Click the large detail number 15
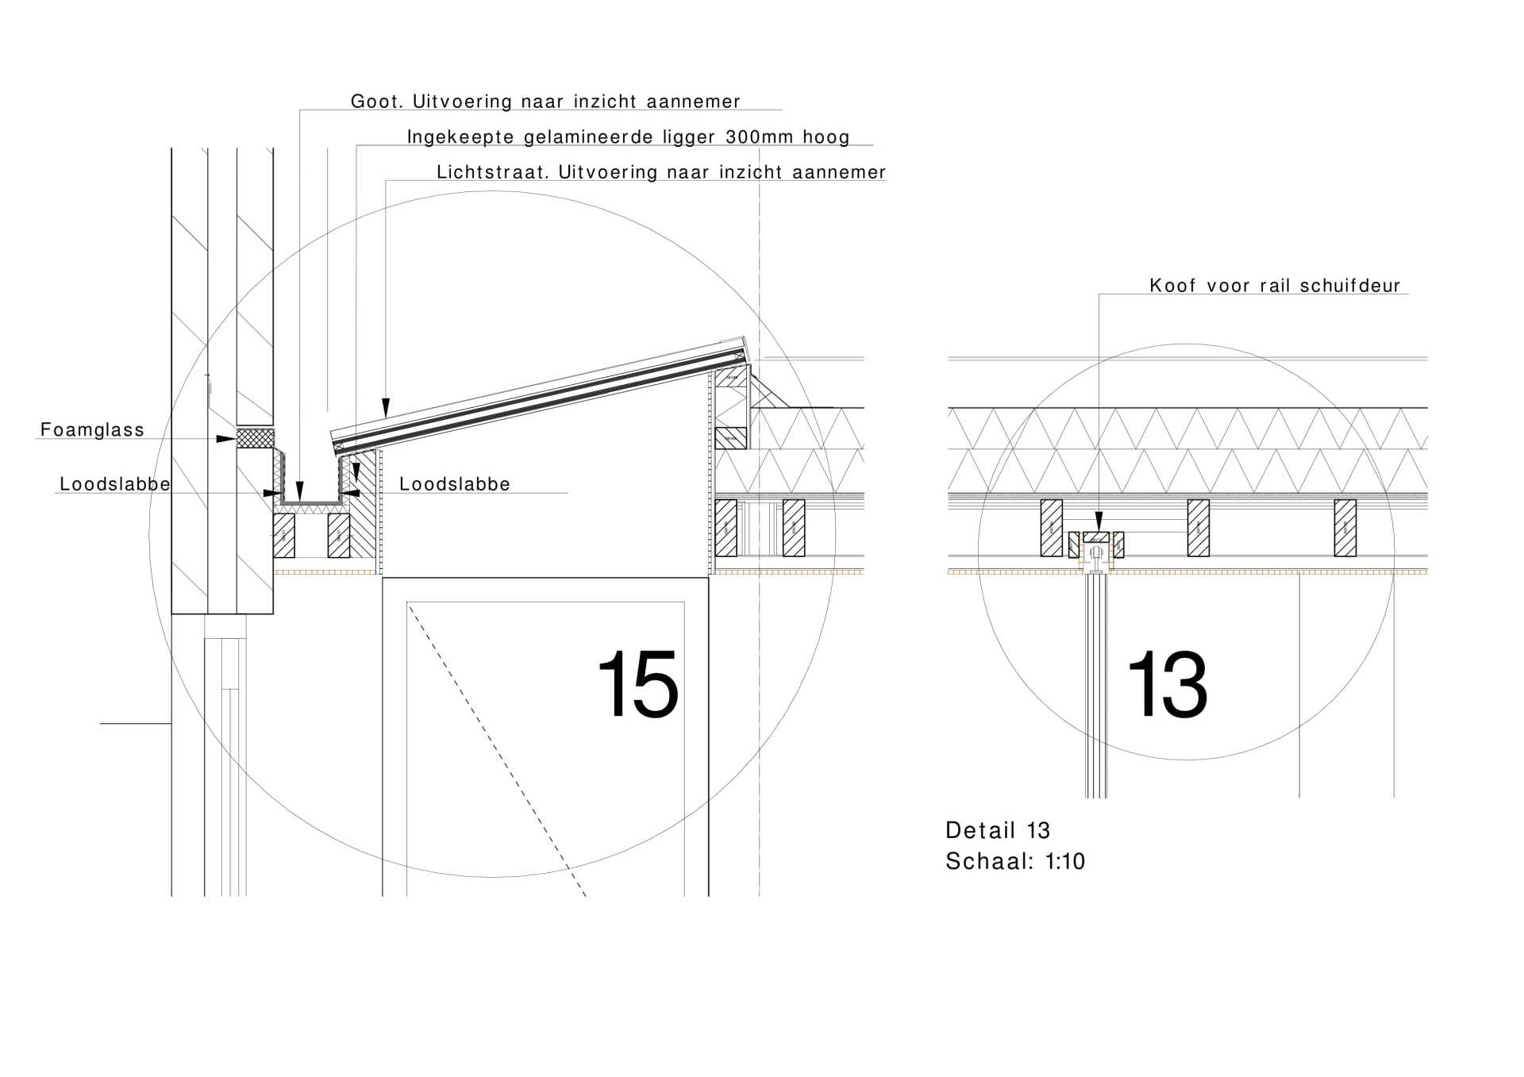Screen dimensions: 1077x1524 (637, 684)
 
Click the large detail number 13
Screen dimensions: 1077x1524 (1167, 684)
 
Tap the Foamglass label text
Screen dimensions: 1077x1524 (92, 430)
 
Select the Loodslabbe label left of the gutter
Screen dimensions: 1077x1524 (115, 484)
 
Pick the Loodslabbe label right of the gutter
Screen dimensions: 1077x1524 (454, 484)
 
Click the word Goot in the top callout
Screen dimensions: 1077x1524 (377, 102)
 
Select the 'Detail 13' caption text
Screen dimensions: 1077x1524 (997, 830)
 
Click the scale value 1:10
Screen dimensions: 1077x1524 (1064, 861)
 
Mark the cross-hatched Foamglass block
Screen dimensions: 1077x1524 (255, 438)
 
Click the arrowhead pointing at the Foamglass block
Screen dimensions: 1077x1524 (226, 438)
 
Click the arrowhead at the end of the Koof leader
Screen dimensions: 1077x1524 (1099, 523)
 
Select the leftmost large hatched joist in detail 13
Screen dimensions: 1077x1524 (1051, 528)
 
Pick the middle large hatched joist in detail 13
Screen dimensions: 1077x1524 (1198, 528)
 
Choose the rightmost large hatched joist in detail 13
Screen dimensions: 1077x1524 (1345, 528)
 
